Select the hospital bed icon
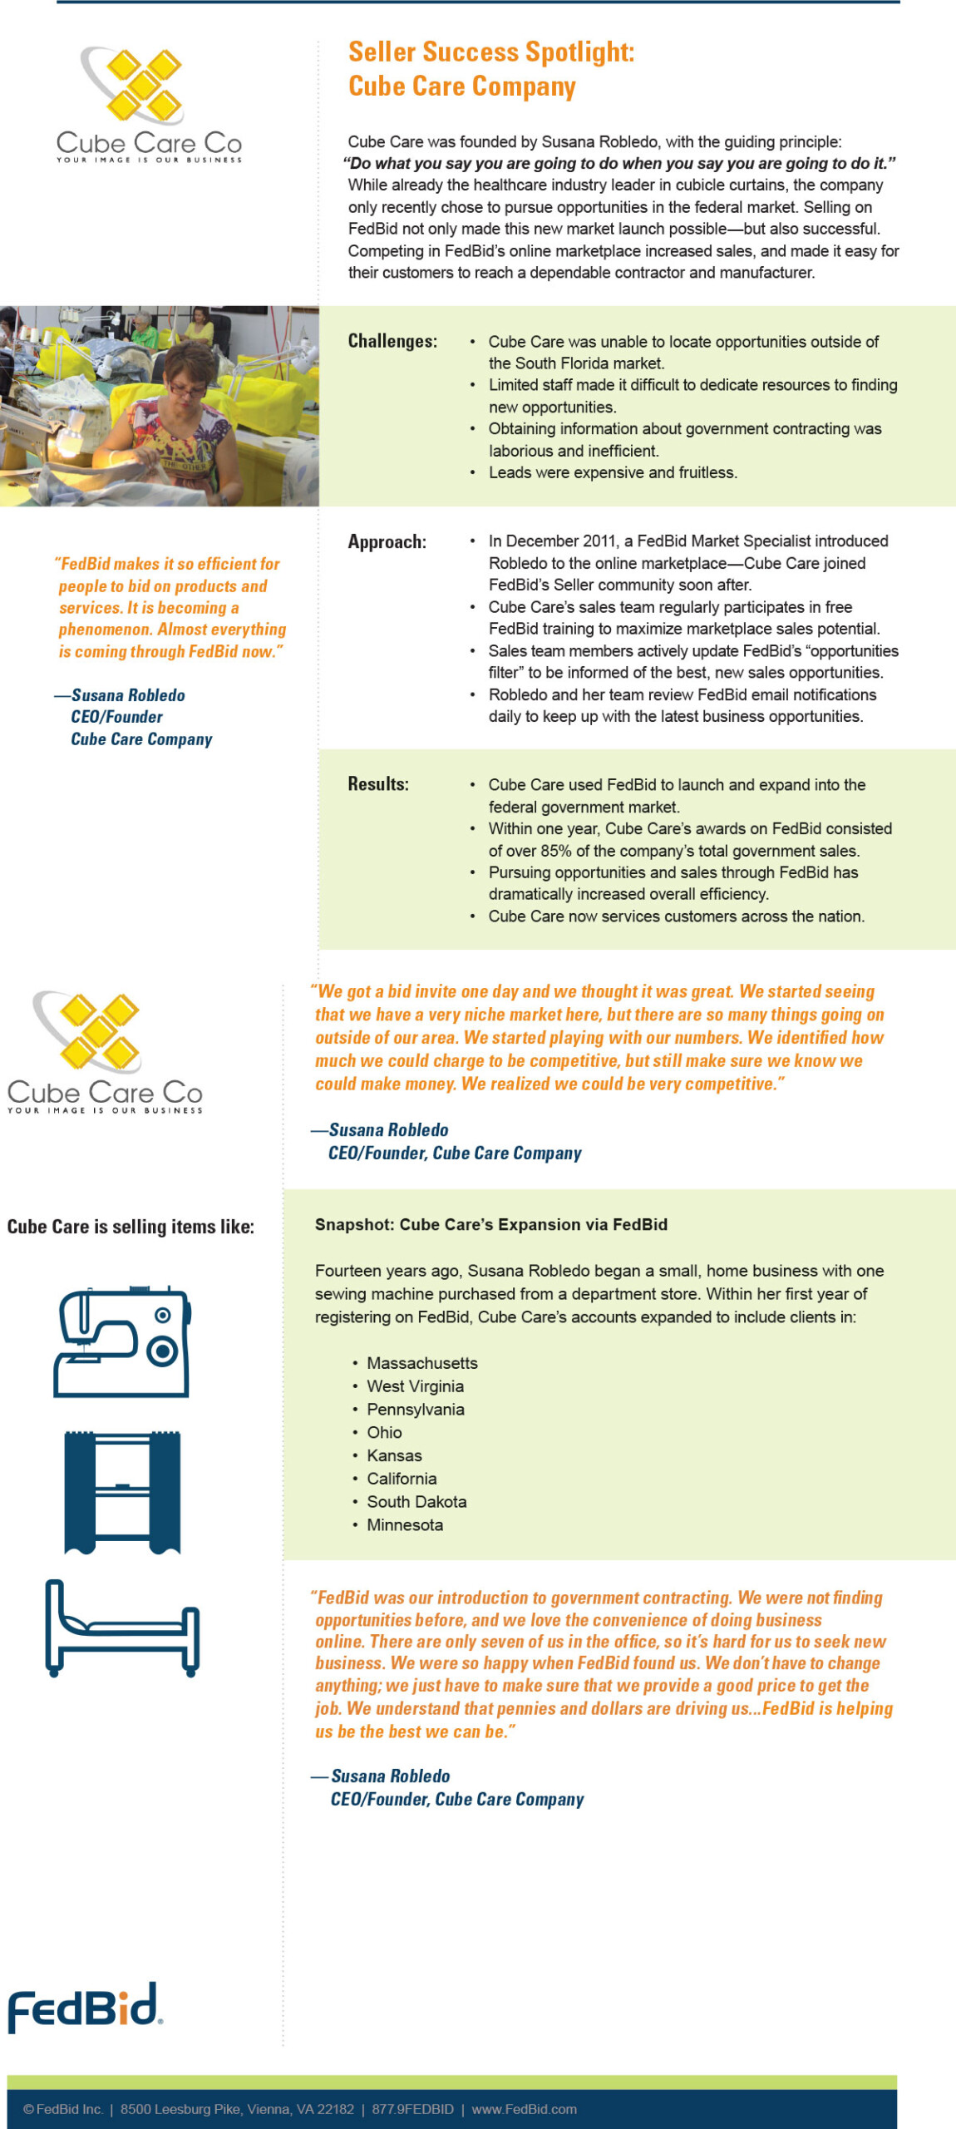[122, 1628]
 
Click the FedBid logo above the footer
[84, 2007]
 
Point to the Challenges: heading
[392, 341]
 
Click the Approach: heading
[387, 542]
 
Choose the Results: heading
[378, 784]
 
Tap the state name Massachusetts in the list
[422, 1363]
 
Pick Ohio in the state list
[384, 1432]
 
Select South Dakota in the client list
[416, 1501]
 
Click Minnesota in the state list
[405, 1524]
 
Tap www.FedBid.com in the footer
[524, 2109]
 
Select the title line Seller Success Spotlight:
[491, 52]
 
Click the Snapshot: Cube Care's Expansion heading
[491, 1224]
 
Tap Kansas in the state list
[394, 1455]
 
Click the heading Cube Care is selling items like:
[131, 1227]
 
